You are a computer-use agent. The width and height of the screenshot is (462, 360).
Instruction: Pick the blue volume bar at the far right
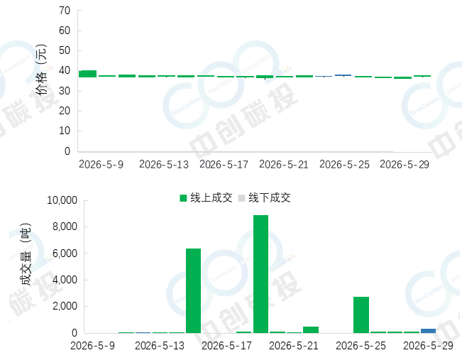[428, 331]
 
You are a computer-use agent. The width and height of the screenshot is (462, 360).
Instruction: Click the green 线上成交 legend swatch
[183, 198]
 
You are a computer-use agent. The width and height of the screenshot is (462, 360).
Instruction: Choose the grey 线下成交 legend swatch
[241, 198]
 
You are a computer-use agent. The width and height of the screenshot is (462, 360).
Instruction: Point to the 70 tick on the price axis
[65, 11]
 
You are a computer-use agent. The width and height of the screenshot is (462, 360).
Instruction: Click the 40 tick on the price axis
[65, 70]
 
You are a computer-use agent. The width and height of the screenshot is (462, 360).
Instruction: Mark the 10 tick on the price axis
[65, 131]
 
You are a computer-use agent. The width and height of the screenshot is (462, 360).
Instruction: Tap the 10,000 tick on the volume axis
[62, 200]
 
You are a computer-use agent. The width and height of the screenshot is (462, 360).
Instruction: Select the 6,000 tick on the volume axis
[65, 253]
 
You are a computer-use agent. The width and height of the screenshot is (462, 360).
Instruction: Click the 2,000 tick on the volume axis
[65, 306]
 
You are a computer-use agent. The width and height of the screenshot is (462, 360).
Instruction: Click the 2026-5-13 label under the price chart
[164, 165]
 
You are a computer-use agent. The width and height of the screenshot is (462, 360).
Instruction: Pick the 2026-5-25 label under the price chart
[344, 165]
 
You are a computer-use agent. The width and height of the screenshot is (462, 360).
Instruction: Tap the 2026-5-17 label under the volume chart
[226, 346]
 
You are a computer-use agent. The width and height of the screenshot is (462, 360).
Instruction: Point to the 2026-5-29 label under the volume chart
[428, 346]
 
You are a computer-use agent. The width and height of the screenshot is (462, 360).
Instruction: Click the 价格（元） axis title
[42, 70]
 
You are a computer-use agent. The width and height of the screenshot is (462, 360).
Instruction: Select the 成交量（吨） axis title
[26, 254]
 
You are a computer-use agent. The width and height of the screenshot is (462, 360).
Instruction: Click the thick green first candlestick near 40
[87, 74]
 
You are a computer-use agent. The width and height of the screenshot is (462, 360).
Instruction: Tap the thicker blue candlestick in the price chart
[343, 75]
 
